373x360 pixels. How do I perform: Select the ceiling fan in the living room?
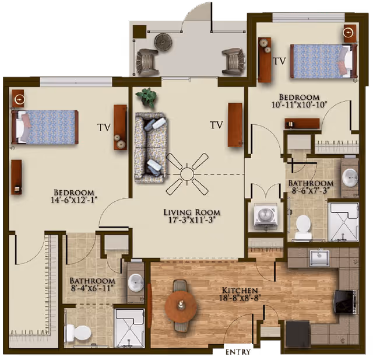(187, 173)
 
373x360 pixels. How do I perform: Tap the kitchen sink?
(319, 257)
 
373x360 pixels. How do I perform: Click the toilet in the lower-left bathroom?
(78, 333)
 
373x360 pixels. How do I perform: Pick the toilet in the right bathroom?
(303, 226)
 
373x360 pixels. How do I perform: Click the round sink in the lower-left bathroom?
(136, 281)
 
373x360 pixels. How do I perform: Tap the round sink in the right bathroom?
(350, 177)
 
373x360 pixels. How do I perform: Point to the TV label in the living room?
(216, 125)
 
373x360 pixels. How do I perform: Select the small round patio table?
(161, 41)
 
